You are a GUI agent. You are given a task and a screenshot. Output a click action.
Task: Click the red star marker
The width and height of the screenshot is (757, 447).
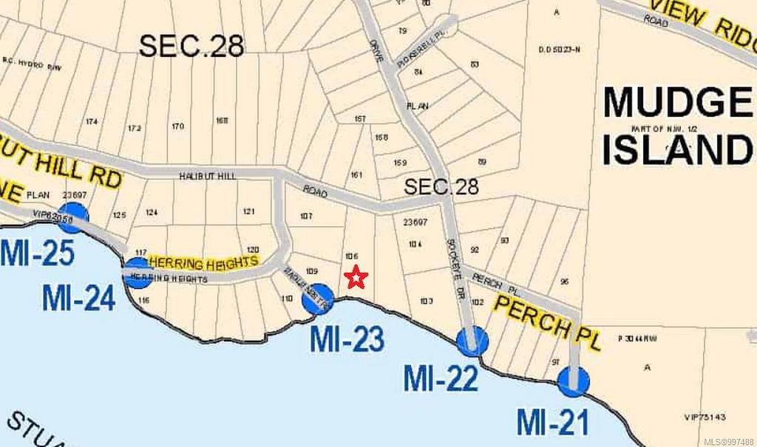point(356,278)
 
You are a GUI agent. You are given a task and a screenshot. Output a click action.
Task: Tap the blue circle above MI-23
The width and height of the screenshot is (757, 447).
point(319,298)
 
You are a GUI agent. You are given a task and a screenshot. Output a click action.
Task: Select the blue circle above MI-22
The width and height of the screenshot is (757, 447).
point(472,341)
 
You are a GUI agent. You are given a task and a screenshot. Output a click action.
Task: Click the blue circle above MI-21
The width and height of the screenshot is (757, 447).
point(573,381)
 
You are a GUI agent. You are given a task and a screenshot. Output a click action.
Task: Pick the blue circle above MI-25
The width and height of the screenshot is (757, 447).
point(74,216)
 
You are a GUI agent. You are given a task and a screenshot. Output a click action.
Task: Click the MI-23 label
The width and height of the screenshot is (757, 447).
point(347,339)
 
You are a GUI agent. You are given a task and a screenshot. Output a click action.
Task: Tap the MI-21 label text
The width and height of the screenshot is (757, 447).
point(552,423)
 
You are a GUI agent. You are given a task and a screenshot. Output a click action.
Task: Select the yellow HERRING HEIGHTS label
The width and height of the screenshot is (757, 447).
point(204,262)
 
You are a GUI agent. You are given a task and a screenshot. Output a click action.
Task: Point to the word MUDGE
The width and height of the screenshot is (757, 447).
point(676,103)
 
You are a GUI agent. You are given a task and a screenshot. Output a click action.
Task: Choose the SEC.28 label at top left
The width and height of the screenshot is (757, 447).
point(191,46)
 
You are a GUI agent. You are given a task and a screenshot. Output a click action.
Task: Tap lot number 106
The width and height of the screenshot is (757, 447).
point(352,256)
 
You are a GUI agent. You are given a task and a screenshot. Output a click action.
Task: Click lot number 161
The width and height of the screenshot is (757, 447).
point(356,175)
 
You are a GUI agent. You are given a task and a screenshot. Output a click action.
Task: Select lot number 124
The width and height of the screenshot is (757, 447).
point(152,212)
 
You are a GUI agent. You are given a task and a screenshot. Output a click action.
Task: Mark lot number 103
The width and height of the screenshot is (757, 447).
point(426,301)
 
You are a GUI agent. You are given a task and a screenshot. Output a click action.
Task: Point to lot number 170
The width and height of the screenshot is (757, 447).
point(177,126)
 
